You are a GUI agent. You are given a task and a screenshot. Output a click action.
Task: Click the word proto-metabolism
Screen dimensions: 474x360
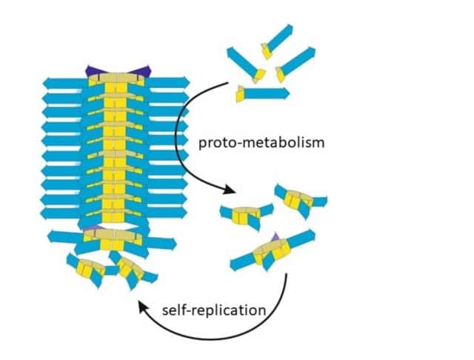[x=261, y=142]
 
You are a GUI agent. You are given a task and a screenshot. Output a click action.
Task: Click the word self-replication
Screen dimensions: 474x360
[x=214, y=310]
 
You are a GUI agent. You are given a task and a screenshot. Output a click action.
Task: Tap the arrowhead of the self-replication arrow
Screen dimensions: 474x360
[x=142, y=307]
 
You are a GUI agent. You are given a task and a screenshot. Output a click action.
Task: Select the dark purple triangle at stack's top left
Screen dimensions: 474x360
[x=93, y=71]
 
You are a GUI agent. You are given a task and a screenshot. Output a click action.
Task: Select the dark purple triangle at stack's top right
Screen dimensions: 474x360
[x=141, y=71]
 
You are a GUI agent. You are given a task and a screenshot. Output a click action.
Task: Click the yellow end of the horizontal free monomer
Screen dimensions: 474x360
[x=240, y=94]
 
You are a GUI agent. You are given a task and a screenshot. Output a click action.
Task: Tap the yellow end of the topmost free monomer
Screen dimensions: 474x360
[x=266, y=51]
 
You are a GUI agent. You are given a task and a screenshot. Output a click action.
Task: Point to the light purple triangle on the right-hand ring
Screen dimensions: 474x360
[x=275, y=237]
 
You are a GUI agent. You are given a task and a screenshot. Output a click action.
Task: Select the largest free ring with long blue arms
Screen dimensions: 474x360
[x=273, y=250]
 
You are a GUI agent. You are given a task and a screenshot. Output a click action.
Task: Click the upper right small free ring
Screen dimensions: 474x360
[x=301, y=200]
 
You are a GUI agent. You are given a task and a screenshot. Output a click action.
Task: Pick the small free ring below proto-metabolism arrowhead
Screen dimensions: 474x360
[x=246, y=216]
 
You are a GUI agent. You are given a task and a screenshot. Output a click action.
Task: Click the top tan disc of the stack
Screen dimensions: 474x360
[x=117, y=78]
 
